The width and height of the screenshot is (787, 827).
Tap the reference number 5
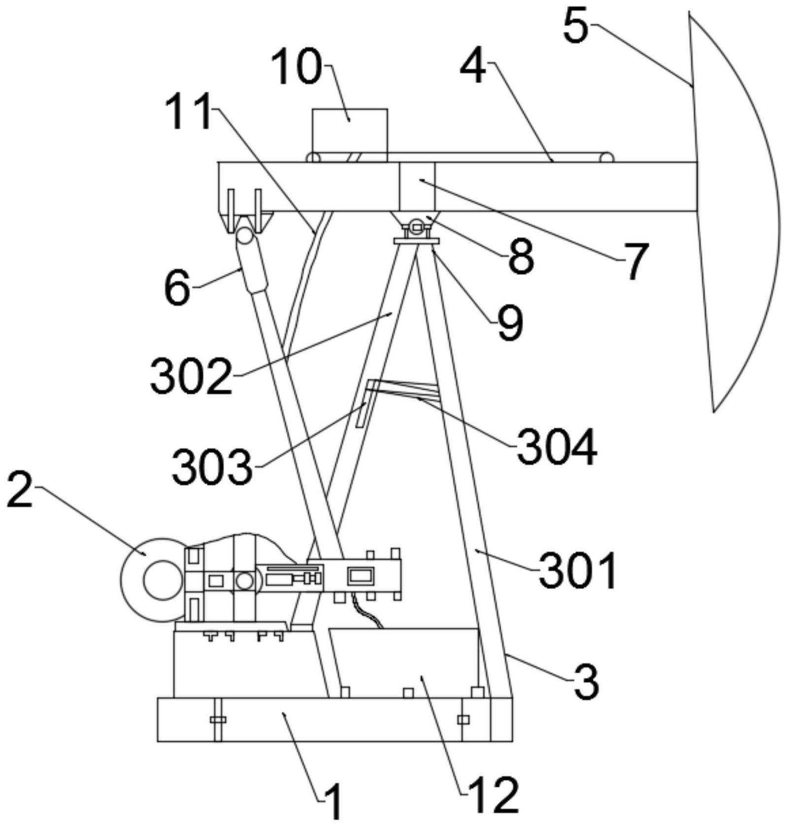click(x=576, y=26)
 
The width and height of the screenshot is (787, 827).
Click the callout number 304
click(x=557, y=447)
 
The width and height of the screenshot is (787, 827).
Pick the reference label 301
click(x=578, y=570)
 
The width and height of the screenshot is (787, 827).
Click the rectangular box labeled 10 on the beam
click(x=350, y=135)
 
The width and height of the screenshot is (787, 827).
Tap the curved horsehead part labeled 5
click(x=734, y=212)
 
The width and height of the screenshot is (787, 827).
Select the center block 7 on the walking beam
click(x=417, y=187)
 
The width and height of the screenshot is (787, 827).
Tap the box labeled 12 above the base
click(x=404, y=662)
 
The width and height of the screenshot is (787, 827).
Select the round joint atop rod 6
click(x=245, y=235)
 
